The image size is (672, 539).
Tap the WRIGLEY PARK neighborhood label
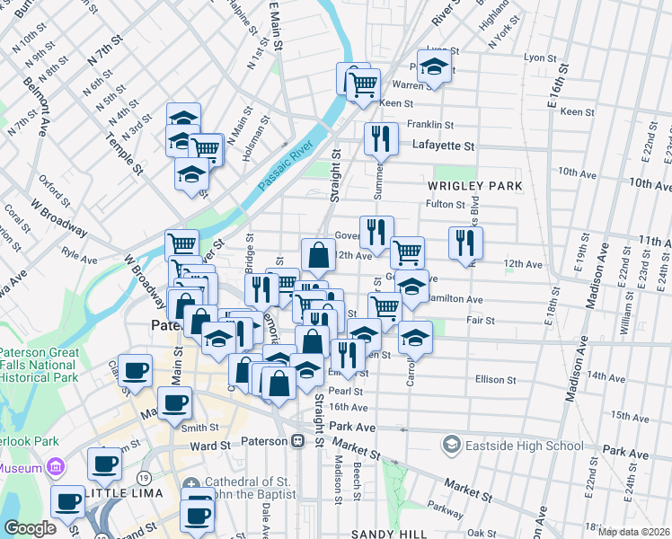tap(474, 186)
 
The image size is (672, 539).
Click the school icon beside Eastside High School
tap(451, 445)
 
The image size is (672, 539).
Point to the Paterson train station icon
tap(296, 442)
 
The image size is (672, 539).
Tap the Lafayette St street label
tap(442, 145)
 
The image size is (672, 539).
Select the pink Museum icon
tap(57, 467)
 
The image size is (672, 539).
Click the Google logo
tap(31, 528)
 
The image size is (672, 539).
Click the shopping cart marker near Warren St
tap(362, 86)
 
